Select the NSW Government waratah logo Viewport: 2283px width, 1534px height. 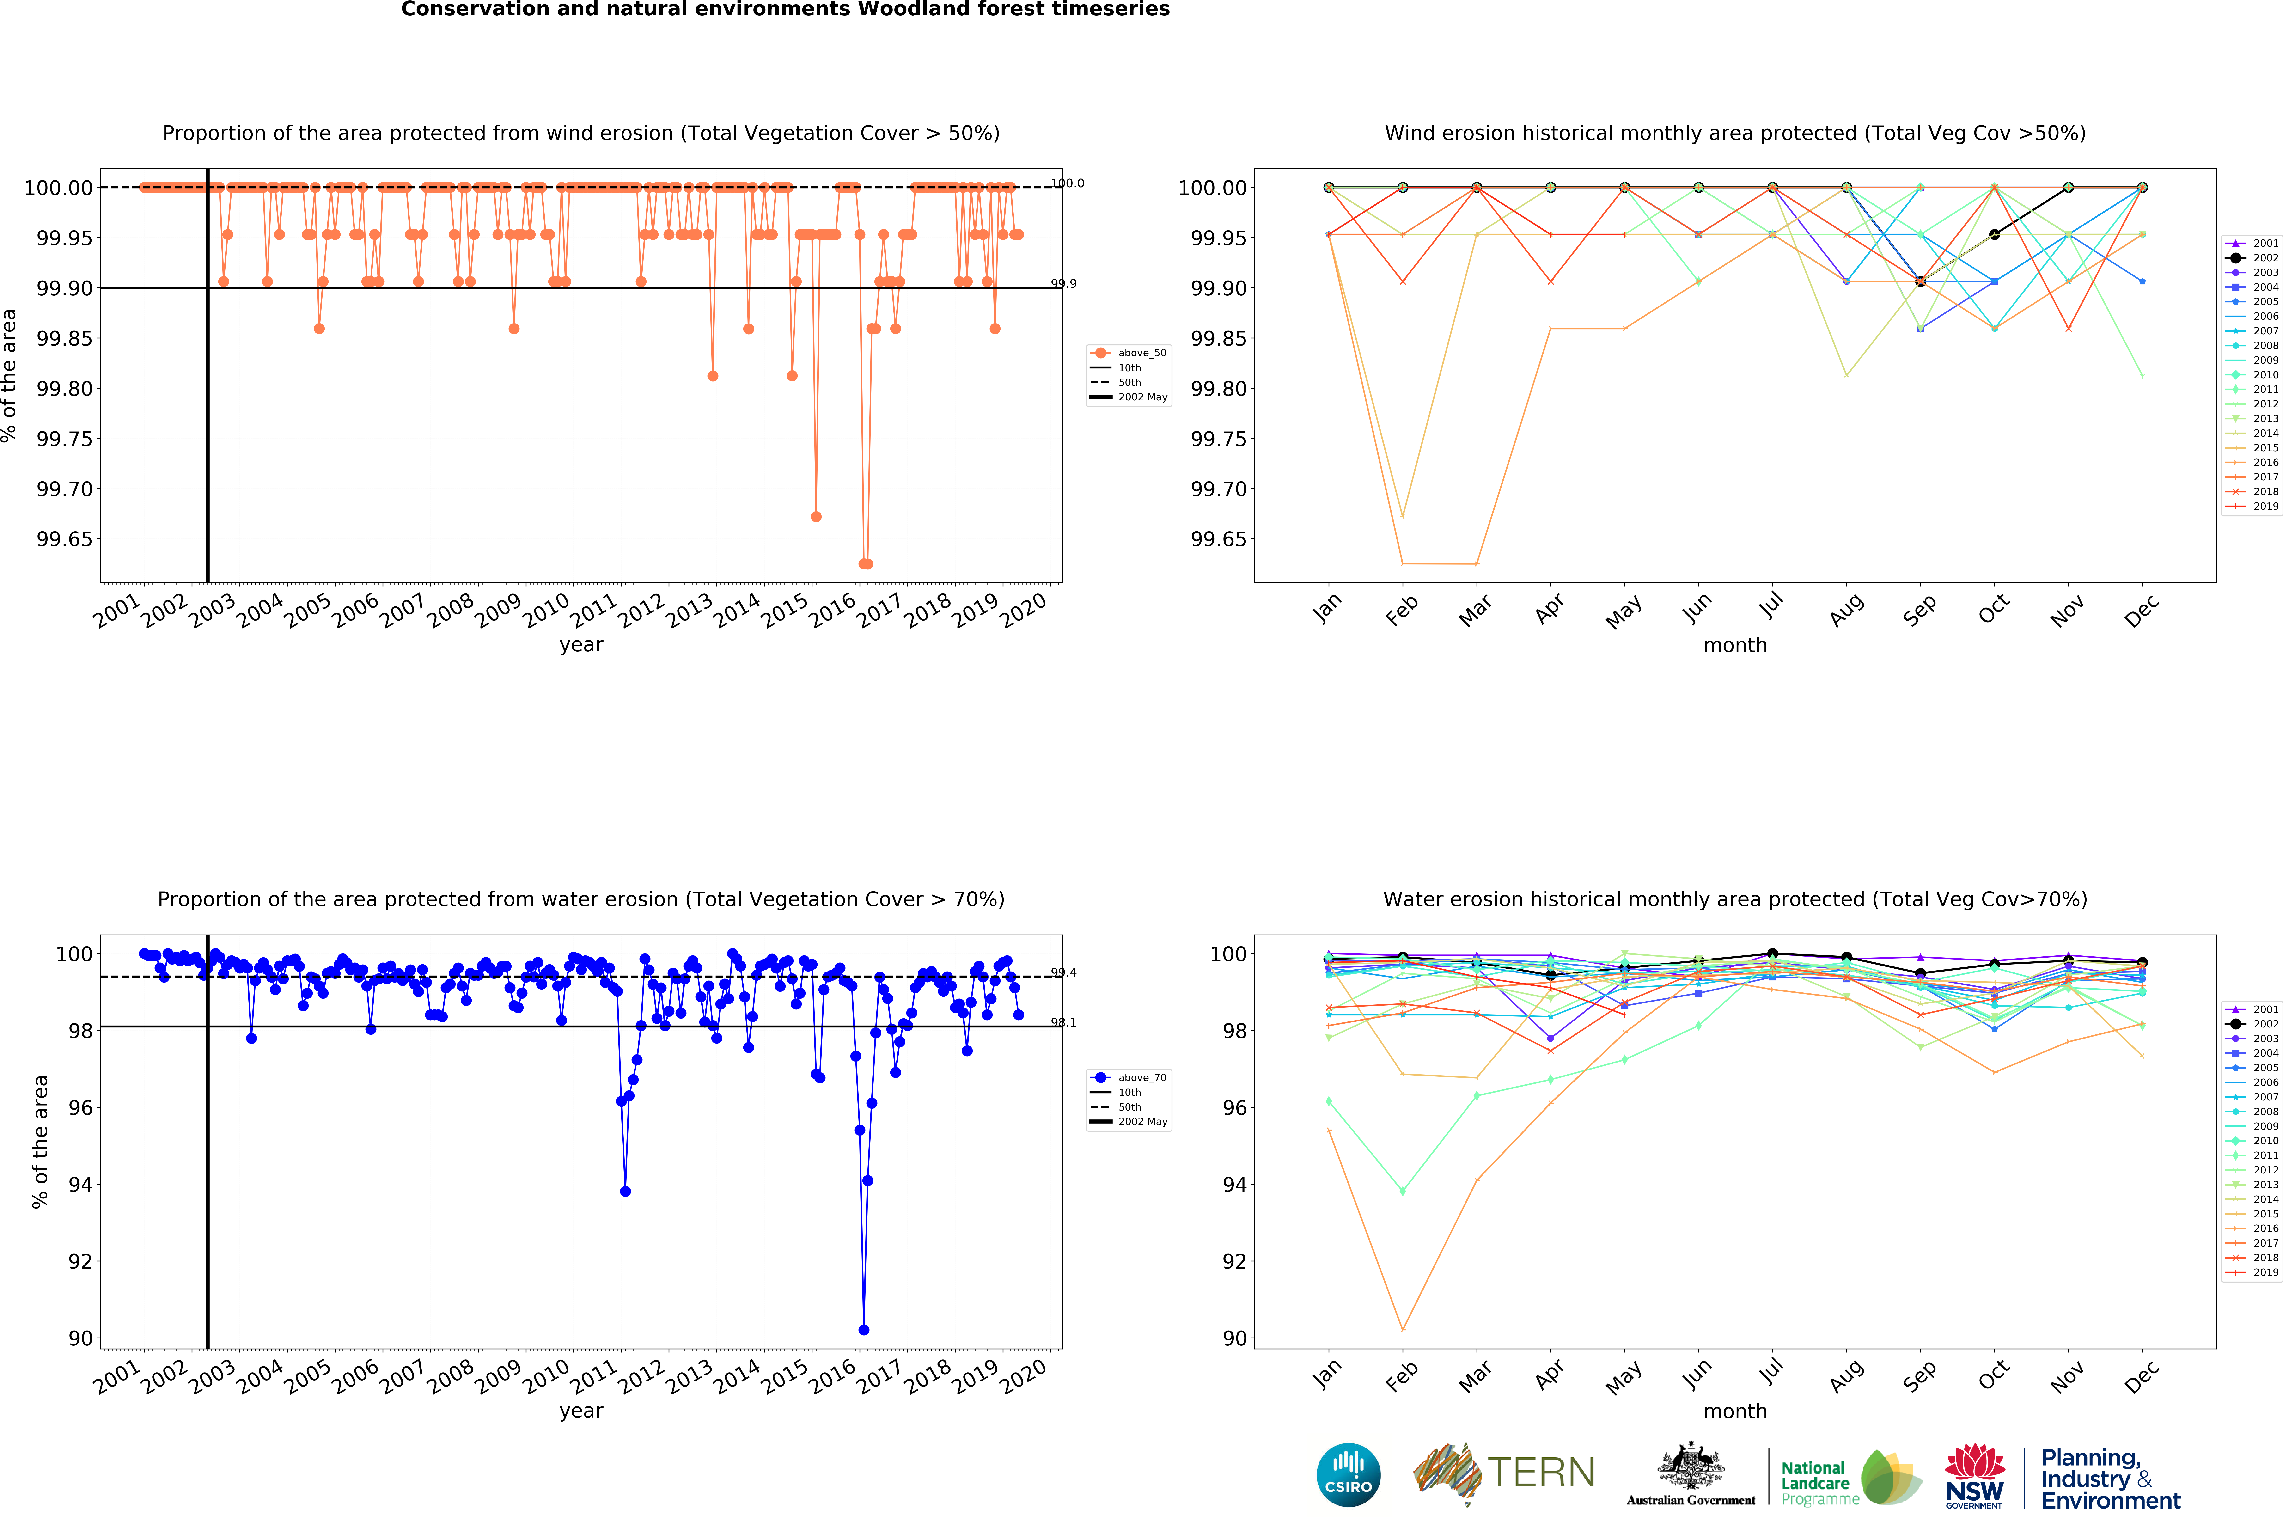click(x=1974, y=1475)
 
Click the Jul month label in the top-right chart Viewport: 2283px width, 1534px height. click(x=1770, y=606)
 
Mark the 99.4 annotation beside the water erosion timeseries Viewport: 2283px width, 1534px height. click(x=1063, y=972)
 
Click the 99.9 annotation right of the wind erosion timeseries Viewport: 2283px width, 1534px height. click(x=1063, y=284)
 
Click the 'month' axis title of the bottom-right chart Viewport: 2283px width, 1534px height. click(x=1734, y=1411)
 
